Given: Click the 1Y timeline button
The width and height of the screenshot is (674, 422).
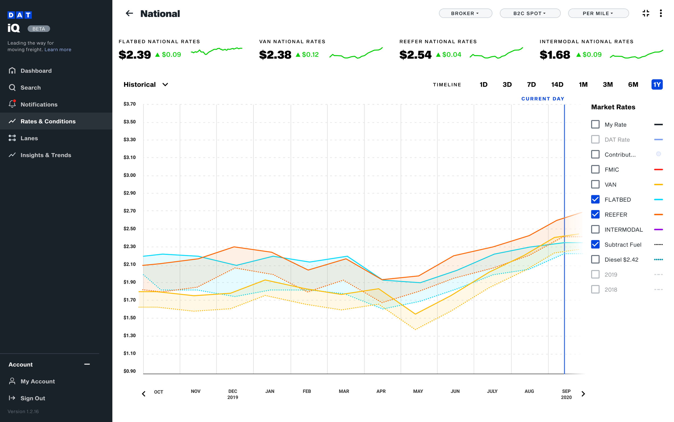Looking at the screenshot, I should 657,85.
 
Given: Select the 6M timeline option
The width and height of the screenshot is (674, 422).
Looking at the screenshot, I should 633,85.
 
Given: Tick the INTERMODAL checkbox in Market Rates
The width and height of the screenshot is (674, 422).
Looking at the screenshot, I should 595,229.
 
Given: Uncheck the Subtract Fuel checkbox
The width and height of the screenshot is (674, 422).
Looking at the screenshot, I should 595,245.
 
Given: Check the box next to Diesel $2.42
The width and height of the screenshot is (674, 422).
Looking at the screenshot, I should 595,259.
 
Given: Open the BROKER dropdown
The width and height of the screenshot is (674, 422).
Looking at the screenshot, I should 465,13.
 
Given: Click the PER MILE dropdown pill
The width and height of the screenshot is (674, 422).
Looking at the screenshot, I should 598,13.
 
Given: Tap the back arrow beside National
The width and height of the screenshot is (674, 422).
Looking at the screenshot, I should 129,13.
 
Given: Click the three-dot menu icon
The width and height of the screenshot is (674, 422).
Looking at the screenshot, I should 661,13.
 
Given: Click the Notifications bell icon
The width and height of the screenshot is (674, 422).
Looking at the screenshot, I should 12,104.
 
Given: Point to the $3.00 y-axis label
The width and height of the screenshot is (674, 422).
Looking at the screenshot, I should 130,175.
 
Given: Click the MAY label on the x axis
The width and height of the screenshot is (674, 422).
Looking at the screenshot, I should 418,391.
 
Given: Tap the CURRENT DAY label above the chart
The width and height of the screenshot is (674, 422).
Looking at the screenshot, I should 542,99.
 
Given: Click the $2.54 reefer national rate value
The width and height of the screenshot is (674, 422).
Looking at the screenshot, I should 415,55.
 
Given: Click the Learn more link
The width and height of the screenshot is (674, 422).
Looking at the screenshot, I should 58,50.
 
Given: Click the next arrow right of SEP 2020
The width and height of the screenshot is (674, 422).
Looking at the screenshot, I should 583,394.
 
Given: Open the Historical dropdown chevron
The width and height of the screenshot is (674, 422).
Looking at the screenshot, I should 165,85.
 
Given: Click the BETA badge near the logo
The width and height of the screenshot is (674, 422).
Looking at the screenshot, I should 39,29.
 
